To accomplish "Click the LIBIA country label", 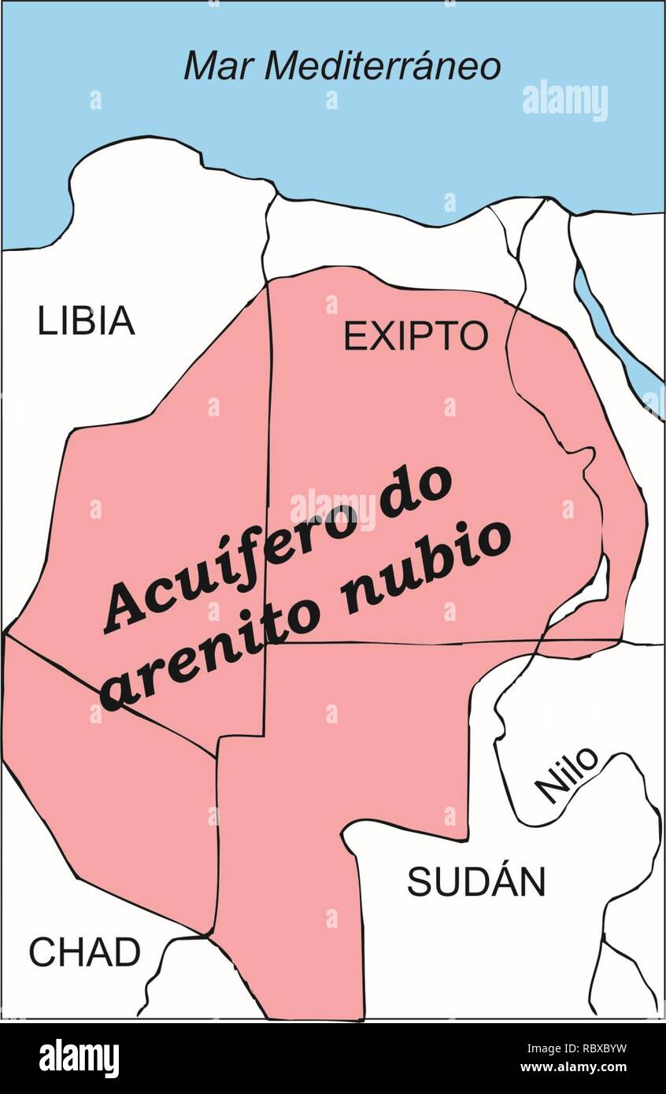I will point(87,322).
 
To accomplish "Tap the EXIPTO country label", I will point(416,336).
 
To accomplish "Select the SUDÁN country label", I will point(475,881).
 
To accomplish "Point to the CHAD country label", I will point(85,952).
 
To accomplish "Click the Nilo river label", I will point(566,774).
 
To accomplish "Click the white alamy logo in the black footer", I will point(79,1058).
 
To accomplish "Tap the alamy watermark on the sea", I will point(564,101).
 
